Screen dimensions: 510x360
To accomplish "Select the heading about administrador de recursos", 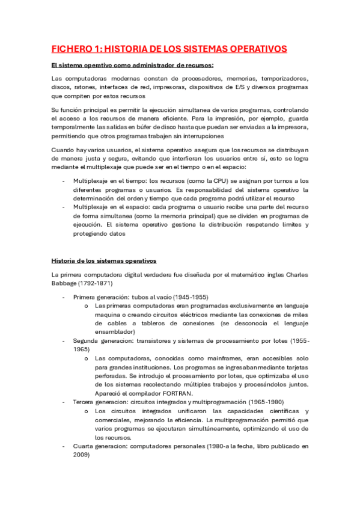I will point(132,66).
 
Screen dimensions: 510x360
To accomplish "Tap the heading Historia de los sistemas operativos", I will point(104,261).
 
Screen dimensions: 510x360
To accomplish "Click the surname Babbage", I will point(66,283).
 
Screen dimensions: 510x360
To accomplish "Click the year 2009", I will point(81,455).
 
